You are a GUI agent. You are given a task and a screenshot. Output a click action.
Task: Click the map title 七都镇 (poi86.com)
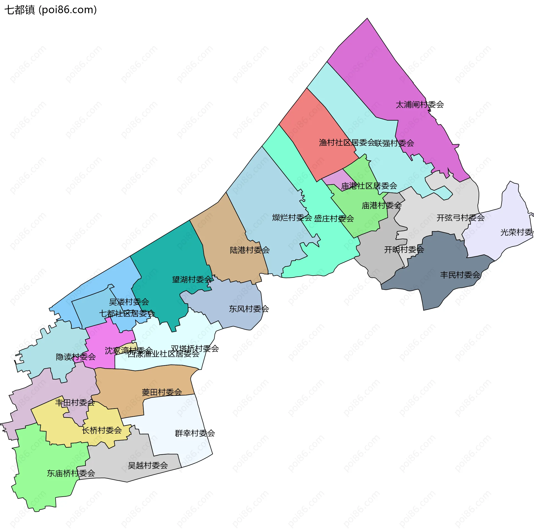51,10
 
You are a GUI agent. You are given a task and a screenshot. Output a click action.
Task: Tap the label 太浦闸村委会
420,105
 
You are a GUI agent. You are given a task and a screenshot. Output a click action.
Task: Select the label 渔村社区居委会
347,143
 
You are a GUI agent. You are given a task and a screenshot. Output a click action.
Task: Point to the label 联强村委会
394,143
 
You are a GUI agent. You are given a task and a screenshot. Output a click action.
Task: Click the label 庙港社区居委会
369,186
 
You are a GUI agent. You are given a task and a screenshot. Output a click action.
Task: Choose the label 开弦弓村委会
461,218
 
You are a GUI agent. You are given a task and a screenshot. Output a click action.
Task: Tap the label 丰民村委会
460,275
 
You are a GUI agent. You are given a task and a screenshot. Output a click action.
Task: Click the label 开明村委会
404,249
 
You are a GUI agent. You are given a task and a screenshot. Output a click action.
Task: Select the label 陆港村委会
250,250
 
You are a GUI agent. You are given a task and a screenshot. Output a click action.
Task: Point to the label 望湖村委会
192,279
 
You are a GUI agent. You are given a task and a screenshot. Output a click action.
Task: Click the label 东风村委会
249,309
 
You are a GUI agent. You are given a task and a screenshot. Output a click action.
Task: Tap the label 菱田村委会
162,392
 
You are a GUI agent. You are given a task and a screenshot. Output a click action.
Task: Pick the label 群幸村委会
195,433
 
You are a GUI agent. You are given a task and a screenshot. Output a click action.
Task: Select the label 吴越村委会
148,465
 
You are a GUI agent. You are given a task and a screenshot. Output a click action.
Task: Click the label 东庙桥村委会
71,473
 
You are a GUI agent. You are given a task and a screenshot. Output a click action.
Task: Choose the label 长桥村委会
102,430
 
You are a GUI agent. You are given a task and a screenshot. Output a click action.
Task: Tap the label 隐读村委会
76,357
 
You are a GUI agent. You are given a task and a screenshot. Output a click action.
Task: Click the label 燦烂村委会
292,217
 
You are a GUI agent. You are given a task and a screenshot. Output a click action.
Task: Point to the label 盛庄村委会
334,219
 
